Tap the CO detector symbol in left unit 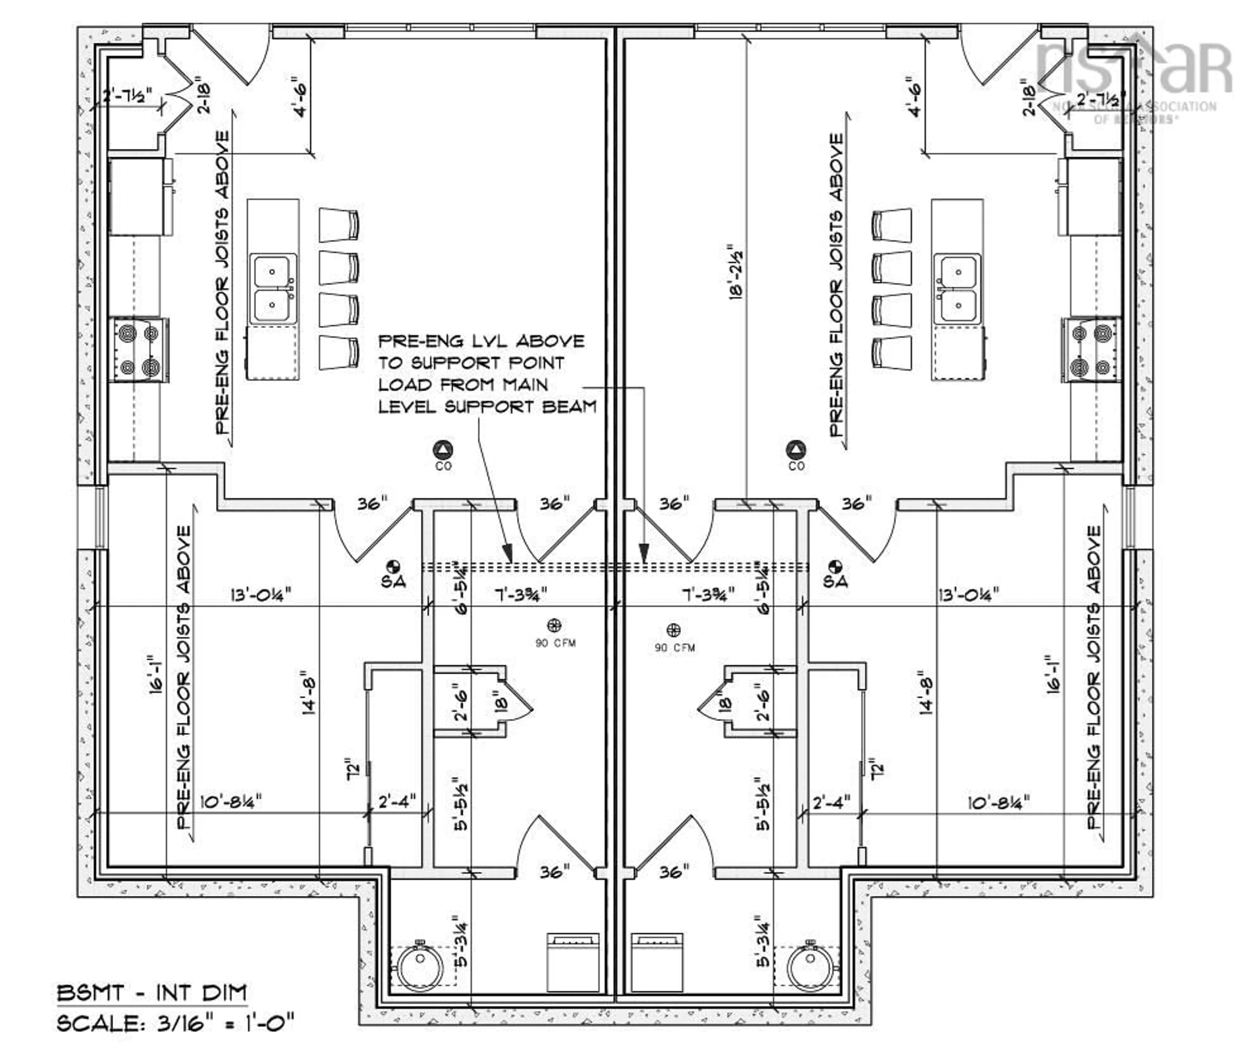click(443, 449)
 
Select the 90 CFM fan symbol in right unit click(674, 630)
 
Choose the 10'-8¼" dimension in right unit click(998, 803)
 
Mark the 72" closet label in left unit click(353, 768)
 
